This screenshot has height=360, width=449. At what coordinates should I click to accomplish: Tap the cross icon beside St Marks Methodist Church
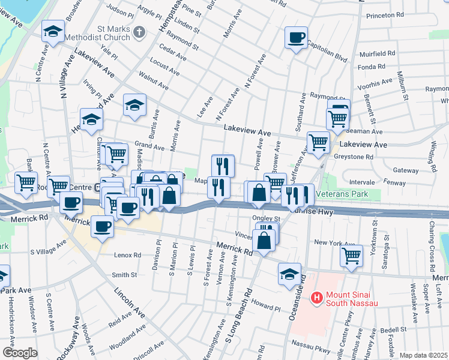(139, 32)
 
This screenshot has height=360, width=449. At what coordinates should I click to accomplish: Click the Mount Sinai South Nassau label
(352, 299)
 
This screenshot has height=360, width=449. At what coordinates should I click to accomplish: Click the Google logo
(20, 353)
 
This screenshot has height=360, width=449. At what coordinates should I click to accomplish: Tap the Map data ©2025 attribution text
(423, 355)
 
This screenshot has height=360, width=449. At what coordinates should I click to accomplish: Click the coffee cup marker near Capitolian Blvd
(296, 38)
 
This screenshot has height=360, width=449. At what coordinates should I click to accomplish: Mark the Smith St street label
(124, 275)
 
